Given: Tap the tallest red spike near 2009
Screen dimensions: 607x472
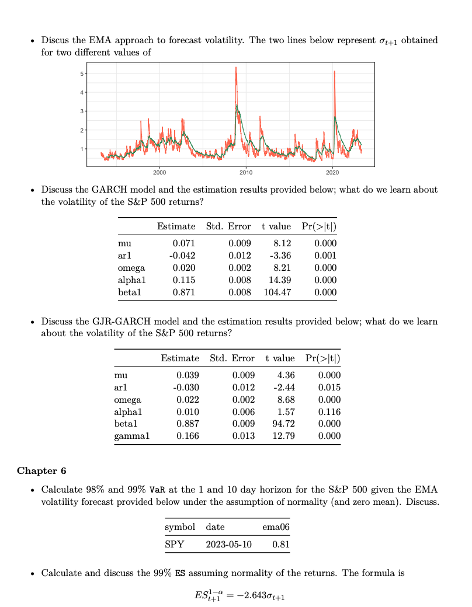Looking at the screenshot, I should pos(236,69).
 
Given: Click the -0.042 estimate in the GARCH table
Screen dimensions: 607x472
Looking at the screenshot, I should pos(182,256).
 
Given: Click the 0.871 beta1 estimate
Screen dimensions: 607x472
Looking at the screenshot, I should pos(184,292).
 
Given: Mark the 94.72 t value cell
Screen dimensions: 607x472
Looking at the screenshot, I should pos(282,424).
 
